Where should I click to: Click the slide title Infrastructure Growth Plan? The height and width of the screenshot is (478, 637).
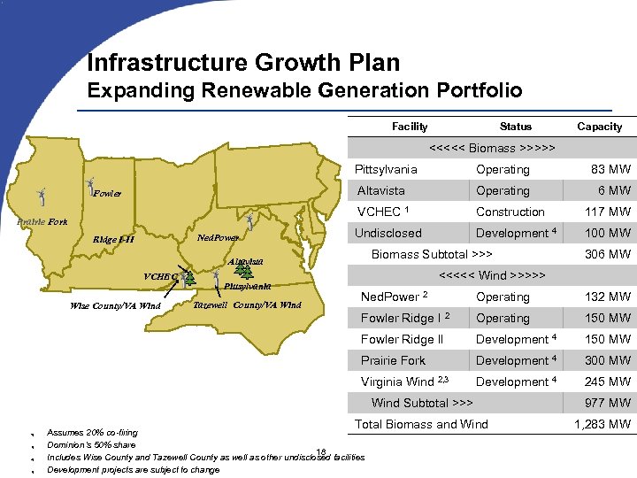(243, 63)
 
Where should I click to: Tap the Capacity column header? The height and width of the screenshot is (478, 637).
(599, 127)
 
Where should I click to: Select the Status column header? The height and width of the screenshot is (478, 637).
(515, 127)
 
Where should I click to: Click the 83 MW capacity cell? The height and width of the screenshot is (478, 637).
(610, 169)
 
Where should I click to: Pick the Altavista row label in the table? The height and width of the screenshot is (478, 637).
(380, 190)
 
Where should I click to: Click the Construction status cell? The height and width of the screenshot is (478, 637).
(510, 212)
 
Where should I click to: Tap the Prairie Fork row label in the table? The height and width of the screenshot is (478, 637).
(393, 360)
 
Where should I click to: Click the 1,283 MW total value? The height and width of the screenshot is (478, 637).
(602, 424)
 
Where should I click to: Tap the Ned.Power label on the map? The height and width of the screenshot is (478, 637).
(218, 237)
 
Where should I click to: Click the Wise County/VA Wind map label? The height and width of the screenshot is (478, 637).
(115, 306)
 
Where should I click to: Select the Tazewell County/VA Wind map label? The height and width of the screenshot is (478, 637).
(247, 305)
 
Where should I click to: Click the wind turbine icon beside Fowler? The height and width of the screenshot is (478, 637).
(88, 188)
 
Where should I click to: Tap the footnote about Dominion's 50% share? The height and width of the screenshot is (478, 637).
(91, 444)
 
